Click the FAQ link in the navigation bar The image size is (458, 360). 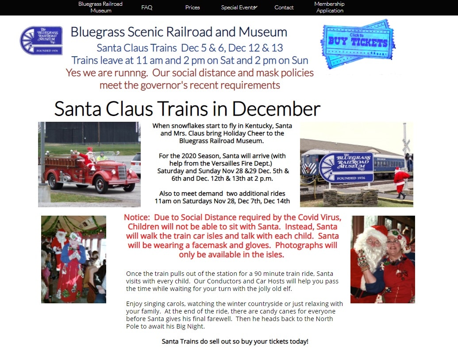point(146,7)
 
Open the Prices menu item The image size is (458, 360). point(192,7)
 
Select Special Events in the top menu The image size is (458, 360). point(239,7)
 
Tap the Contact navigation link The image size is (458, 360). point(284,7)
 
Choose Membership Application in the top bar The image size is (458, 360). point(330,7)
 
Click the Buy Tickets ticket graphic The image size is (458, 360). point(358,44)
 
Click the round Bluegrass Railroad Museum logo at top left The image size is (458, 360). point(41,40)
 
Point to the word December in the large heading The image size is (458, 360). point(276,108)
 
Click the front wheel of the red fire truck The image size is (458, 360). point(101,185)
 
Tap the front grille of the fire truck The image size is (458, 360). point(122,172)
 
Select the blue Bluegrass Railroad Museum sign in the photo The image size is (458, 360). point(346,167)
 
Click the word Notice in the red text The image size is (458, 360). point(137,217)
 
